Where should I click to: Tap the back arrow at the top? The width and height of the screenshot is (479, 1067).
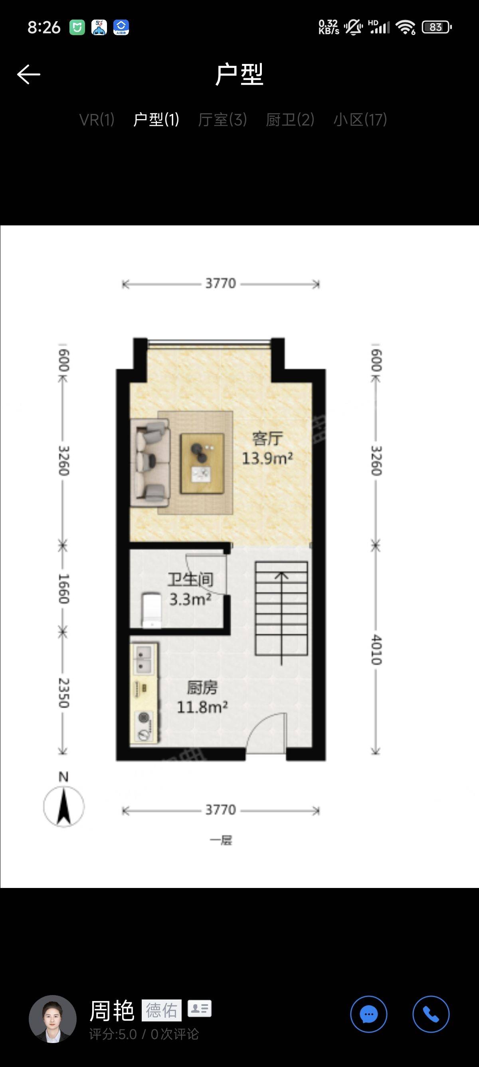(29, 75)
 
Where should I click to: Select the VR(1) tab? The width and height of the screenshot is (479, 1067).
(97, 120)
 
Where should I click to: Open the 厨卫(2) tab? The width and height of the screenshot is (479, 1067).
(290, 120)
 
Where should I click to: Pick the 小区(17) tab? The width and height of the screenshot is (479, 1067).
(360, 120)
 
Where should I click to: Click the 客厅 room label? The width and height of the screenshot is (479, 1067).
(267, 438)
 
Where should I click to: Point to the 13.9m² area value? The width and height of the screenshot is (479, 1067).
(267, 458)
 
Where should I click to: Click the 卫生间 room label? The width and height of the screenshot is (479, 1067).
(190, 579)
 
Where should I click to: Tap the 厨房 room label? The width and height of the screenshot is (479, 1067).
(202, 688)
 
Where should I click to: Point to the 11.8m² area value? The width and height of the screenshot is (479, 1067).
(202, 707)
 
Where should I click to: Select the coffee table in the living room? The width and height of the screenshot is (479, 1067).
(202, 463)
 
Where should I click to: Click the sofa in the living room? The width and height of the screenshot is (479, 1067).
(150, 462)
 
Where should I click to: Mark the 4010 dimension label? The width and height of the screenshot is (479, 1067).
(376, 649)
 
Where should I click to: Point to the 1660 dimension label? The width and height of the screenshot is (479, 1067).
(63, 589)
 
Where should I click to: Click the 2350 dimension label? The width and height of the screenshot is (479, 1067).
(63, 693)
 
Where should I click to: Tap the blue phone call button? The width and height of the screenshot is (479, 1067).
(431, 1014)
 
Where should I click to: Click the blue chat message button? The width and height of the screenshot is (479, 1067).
(369, 1014)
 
